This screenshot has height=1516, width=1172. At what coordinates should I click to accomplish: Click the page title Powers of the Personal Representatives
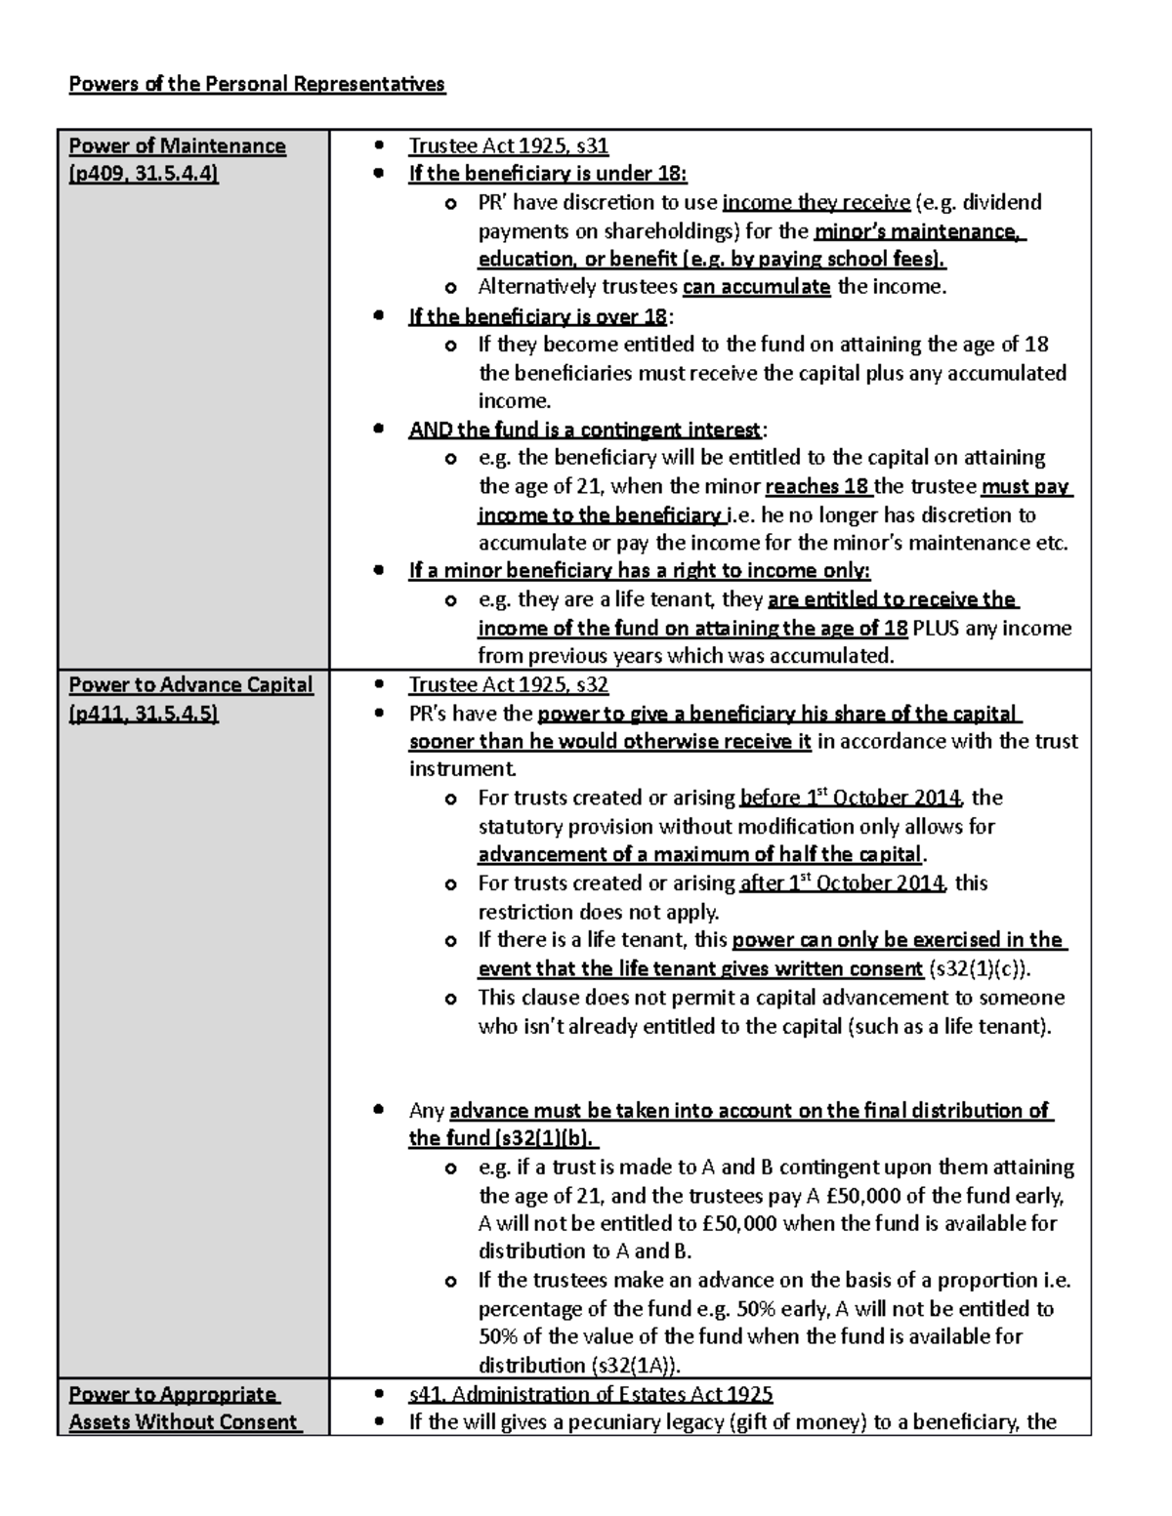pos(256,84)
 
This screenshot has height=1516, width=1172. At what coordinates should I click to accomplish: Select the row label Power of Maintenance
pos(177,146)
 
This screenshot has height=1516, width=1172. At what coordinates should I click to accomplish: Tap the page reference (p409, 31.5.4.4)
pos(144,174)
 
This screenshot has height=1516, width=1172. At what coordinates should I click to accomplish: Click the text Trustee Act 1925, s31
pos(508,146)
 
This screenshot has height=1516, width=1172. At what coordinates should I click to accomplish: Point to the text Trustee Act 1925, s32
pos(508,685)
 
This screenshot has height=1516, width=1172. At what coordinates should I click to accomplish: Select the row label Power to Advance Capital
pos(190,685)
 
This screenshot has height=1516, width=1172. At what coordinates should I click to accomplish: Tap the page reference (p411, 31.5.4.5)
pos(144,714)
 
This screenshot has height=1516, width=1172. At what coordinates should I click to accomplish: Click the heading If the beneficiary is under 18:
pos(548,175)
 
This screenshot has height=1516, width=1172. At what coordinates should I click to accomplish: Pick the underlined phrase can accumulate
pos(756,287)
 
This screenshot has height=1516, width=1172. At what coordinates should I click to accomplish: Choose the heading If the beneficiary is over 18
pos(538,316)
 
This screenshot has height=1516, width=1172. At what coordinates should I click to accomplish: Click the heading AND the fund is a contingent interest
pos(585,430)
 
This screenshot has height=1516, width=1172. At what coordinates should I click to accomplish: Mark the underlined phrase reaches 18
pos(818,486)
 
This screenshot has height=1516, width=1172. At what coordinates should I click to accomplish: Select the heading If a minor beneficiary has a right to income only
pos(639,571)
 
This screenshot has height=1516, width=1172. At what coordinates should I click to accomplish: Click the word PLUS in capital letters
pos(937,628)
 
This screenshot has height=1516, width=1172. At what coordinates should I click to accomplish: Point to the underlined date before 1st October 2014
pos(851,798)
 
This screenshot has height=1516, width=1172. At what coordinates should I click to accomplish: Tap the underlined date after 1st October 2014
pos(842,883)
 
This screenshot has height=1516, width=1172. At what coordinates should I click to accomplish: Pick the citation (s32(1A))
pos(637,1365)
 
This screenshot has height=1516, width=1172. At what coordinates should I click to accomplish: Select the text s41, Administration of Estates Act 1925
pos(591,1394)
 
